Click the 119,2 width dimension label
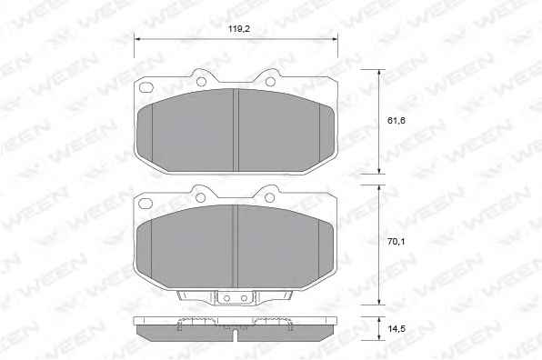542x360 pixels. pyautogui.click(x=239, y=29)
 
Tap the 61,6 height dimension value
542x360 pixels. pyautogui.click(x=396, y=121)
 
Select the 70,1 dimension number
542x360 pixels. pyautogui.click(x=396, y=242)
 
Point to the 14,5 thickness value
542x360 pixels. pyautogui.click(x=396, y=328)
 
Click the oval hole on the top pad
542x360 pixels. pyautogui.click(x=146, y=87)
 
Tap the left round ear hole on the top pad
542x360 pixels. pyautogui.click(x=201, y=82)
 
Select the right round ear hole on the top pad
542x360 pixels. pyautogui.click(x=271, y=82)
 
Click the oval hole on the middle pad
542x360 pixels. pyautogui.click(x=146, y=204)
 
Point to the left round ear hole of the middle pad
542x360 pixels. pyautogui.click(x=200, y=197)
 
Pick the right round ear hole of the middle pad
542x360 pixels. pyautogui.click(x=269, y=197)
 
